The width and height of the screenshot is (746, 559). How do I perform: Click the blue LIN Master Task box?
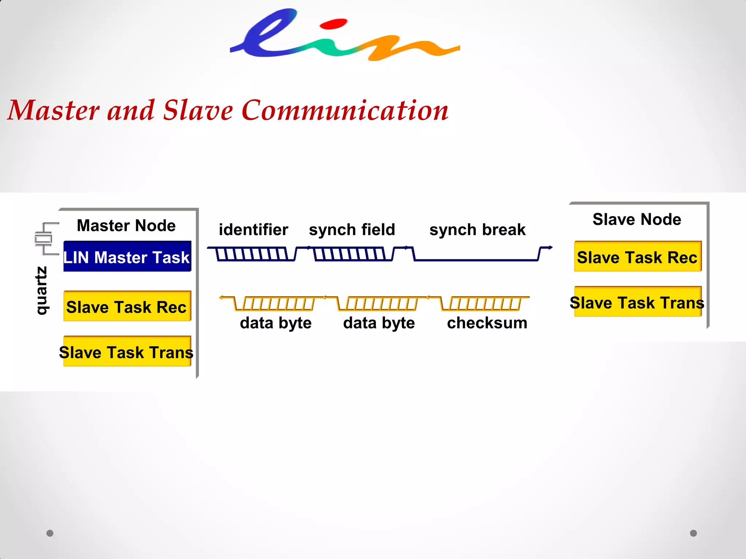click(127, 257)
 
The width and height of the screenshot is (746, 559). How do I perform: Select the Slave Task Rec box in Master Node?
click(127, 306)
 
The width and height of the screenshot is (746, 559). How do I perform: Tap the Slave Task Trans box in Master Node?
click(127, 352)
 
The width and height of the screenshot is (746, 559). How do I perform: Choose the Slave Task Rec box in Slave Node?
click(637, 257)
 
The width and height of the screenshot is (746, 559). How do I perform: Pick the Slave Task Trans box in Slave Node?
click(637, 302)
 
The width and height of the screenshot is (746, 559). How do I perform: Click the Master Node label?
click(126, 226)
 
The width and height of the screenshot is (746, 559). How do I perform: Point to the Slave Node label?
click(637, 219)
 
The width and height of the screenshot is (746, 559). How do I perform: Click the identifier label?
click(254, 230)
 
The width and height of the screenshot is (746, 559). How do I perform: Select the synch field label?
click(352, 230)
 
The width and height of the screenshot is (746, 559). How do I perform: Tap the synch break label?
click(477, 230)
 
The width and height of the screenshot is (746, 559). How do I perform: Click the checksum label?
click(487, 323)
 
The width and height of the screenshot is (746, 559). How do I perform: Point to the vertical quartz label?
click(41, 290)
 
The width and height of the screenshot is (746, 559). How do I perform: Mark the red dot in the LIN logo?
click(333, 24)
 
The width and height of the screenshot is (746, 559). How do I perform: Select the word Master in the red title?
click(54, 110)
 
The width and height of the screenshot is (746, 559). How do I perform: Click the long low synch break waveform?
click(476, 259)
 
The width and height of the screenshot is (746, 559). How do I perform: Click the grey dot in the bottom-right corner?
click(693, 533)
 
